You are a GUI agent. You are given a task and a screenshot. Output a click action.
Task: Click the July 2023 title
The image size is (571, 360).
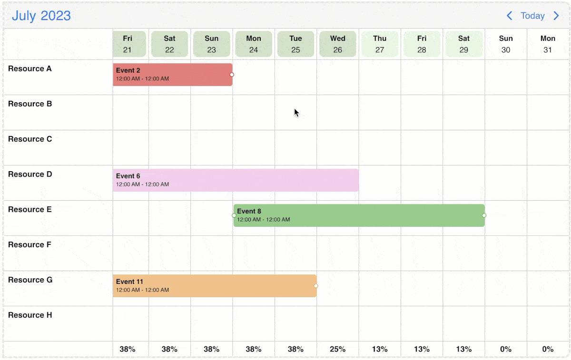(x=41, y=16)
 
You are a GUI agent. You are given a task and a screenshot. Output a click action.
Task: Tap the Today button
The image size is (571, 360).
(x=532, y=16)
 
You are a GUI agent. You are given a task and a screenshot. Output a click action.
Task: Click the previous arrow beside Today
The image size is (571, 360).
(x=509, y=16)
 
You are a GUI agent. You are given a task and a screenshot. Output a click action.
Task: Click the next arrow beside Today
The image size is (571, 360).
(x=556, y=16)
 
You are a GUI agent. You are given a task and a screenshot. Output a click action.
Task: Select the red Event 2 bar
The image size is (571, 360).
(x=172, y=75)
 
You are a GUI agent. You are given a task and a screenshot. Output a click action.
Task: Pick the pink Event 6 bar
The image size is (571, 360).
(x=236, y=180)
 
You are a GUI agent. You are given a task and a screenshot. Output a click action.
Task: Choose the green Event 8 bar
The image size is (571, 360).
(x=359, y=215)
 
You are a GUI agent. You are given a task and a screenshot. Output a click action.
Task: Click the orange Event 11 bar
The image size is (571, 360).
(x=214, y=286)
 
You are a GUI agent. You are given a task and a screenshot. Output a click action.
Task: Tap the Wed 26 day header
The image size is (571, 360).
(x=338, y=44)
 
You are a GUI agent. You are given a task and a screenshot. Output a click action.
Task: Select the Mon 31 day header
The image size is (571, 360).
(x=548, y=44)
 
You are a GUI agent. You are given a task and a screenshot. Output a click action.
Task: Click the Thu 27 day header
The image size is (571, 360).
(x=380, y=44)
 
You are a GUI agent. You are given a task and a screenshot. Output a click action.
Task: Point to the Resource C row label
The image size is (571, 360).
(x=30, y=139)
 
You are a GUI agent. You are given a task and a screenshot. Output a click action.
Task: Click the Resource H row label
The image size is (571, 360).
(x=30, y=315)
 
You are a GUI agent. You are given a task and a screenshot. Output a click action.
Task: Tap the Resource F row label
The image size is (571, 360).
(x=30, y=245)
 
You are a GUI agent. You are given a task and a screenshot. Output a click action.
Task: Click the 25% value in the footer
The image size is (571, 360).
(x=337, y=349)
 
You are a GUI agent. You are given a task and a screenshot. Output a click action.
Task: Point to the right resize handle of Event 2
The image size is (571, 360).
(x=232, y=75)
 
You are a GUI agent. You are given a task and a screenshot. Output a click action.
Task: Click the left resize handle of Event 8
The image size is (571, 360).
(x=234, y=215)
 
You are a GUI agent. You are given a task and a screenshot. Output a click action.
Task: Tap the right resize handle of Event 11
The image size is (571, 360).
(x=316, y=286)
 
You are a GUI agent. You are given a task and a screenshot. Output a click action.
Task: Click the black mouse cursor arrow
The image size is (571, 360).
(x=296, y=113)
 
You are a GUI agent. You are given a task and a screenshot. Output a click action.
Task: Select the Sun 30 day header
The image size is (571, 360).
(x=506, y=44)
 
